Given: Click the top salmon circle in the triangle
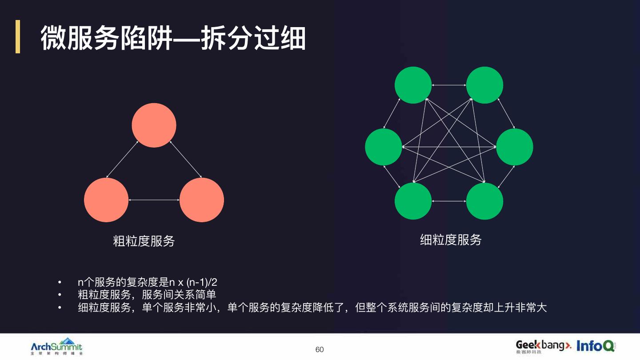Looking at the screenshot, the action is tap(154, 125).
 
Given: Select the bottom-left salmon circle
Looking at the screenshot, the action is tap(106, 200).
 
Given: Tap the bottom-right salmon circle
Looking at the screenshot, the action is tap(202, 200).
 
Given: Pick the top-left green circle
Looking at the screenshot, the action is tap(413, 85).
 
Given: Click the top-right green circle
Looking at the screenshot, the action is tap(484, 85).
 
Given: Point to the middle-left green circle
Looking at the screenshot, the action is tap(384, 147).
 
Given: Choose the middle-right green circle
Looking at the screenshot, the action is tap(515, 147).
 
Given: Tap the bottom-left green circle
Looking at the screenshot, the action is tap(413, 201).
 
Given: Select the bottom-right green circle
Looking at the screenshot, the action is tap(484, 201).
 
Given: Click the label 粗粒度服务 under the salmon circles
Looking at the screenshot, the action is tap(144, 241).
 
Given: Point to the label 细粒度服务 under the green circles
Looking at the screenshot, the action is tap(451, 240).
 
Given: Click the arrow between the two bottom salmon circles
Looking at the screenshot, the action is tap(154, 200).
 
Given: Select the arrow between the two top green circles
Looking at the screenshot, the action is tap(449, 85).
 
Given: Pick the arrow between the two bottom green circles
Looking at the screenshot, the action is tap(449, 201).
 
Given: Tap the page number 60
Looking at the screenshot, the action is tap(320, 349).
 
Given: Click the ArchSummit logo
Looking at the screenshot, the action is tap(56, 346).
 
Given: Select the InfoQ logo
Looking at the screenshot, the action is tap(596, 345).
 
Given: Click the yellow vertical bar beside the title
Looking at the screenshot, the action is tap(18, 36).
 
